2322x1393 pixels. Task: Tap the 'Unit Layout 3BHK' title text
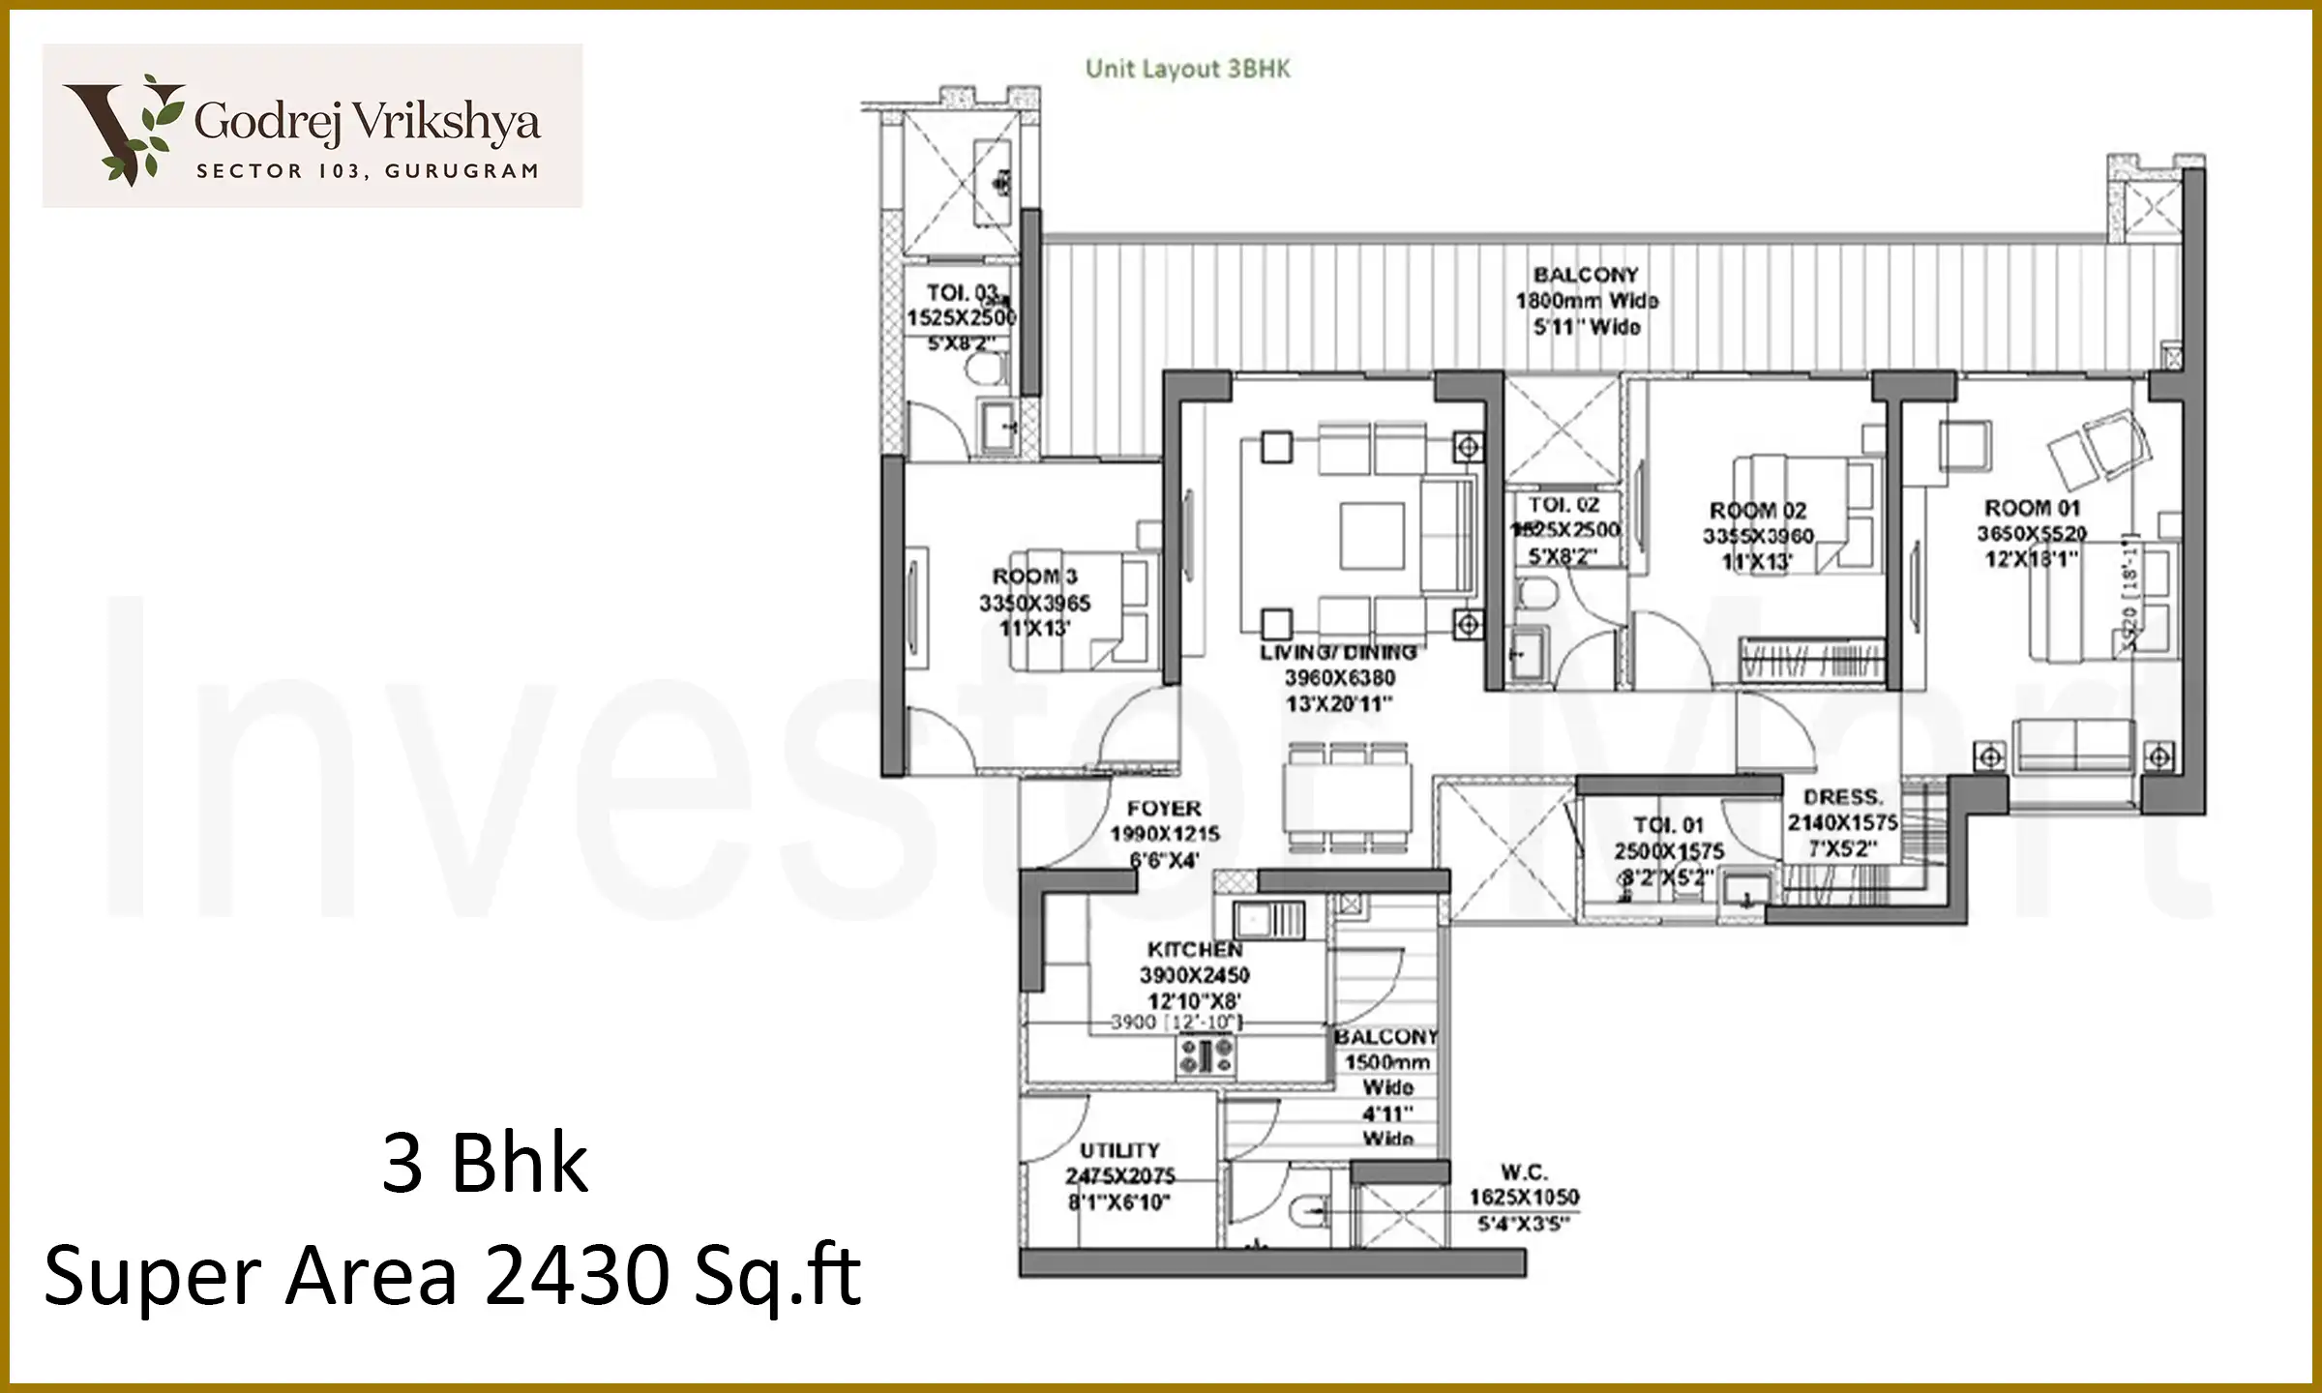[x=1187, y=69]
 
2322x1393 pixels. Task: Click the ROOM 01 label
[x=2031, y=508]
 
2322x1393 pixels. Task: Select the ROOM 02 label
[x=1757, y=511]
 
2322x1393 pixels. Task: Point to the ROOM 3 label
[x=1033, y=577]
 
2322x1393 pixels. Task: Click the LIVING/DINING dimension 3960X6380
[x=1339, y=678]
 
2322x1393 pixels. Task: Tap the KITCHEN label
[x=1195, y=949]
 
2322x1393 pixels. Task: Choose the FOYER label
[x=1164, y=808]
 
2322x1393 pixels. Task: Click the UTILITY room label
[x=1119, y=1150]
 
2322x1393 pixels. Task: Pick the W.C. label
[x=1523, y=1172]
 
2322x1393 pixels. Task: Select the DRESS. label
[x=1843, y=797]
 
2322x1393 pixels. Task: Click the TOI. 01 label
[x=1668, y=825]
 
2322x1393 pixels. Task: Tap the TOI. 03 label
[x=961, y=292]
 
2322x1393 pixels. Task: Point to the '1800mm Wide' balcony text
[x=1586, y=301]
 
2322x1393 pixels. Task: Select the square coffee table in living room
[x=1371, y=535]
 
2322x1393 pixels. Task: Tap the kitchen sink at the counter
[x=1268, y=919]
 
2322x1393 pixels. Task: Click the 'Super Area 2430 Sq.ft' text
[x=452, y=1276]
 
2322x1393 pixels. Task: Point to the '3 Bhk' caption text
[x=485, y=1164]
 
